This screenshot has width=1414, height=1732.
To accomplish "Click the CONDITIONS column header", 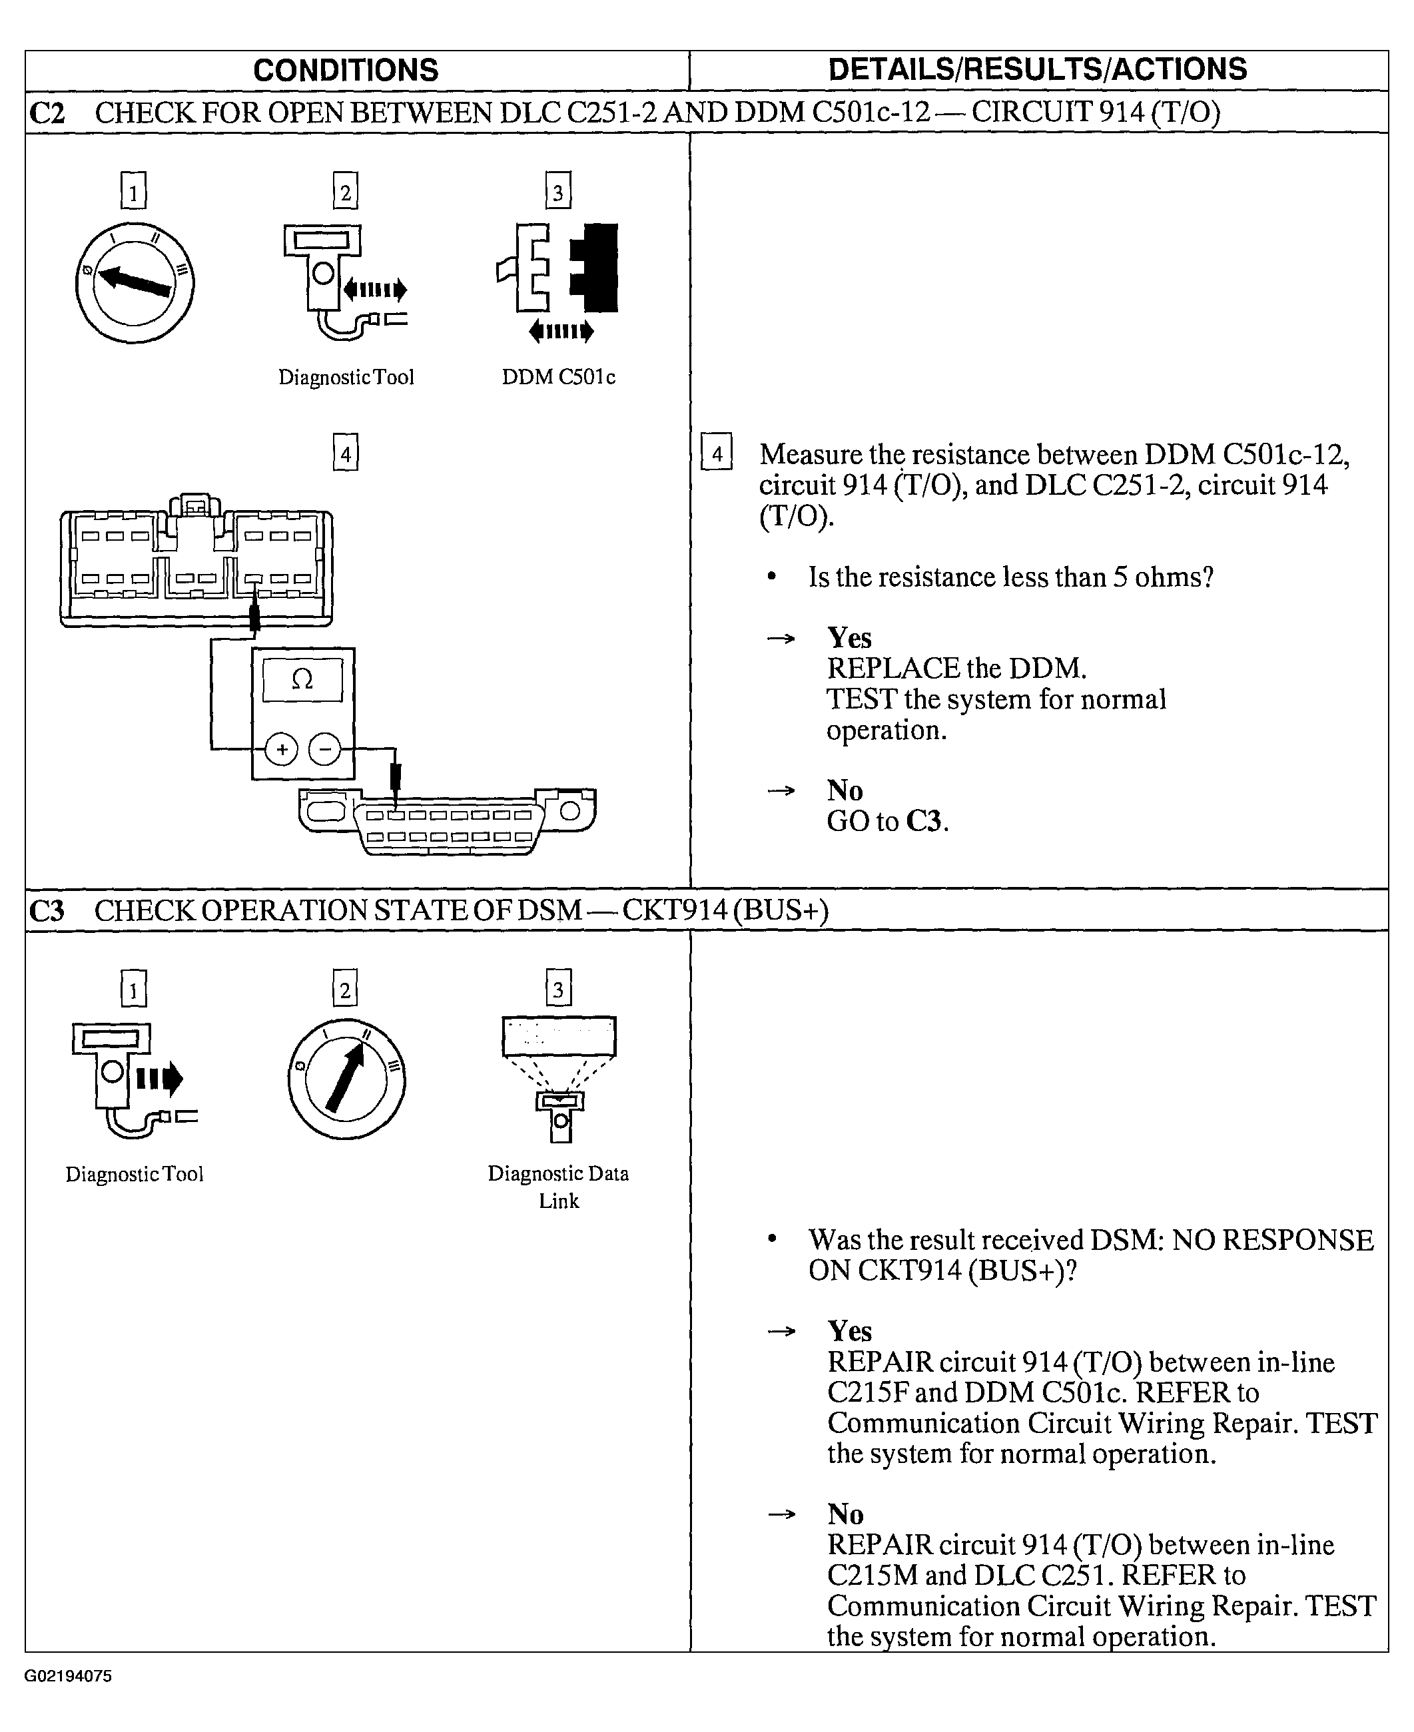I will click(346, 71).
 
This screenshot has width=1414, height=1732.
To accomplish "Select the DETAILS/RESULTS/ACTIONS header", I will click(1037, 70).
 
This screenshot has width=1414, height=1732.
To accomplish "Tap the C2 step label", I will click(47, 113).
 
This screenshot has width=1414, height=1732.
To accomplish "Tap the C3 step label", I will click(47, 910).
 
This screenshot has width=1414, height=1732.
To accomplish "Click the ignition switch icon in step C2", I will click(135, 282).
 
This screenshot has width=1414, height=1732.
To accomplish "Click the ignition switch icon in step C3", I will click(346, 1078).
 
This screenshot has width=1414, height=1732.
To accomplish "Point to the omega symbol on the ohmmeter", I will click(302, 679).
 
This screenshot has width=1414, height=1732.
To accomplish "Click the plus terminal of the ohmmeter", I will click(282, 749).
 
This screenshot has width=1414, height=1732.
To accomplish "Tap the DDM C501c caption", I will click(559, 377).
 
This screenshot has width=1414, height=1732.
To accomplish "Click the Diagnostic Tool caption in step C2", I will click(346, 377).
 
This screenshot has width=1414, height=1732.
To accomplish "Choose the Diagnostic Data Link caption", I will click(559, 1187).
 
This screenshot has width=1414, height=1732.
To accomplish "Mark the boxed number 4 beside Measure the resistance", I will click(717, 453).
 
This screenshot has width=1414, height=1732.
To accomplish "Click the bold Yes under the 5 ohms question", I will click(849, 637).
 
